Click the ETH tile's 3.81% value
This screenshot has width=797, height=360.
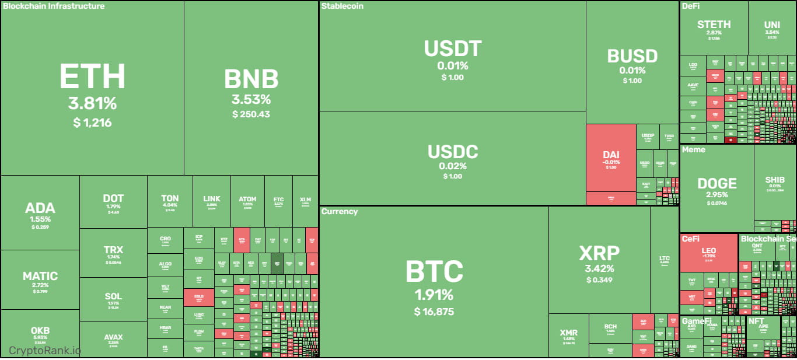tap(92, 104)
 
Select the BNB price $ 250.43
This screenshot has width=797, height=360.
tap(251, 114)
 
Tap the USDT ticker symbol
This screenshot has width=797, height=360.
tap(453, 48)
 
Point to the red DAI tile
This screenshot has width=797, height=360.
tap(611, 157)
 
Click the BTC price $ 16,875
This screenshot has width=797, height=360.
tap(434, 312)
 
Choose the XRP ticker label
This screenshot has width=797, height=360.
tap(599, 253)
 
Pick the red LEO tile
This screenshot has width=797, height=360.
tap(708, 252)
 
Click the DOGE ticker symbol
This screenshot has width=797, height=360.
tap(716, 184)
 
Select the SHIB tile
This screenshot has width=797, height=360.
tap(775, 183)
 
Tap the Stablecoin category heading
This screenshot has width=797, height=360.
tap(342, 6)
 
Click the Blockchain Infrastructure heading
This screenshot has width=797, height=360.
tap(54, 6)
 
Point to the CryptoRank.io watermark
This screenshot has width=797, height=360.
tap(45, 350)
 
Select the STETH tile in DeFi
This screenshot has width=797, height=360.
tap(714, 27)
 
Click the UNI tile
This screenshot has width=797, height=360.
tap(771, 28)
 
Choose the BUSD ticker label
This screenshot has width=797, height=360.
tap(632, 57)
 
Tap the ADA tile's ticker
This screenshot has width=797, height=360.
tap(40, 208)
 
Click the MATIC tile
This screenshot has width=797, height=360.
tap(40, 279)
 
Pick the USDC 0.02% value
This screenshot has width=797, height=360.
tap(453, 166)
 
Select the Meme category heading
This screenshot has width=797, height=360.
tap(694, 149)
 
